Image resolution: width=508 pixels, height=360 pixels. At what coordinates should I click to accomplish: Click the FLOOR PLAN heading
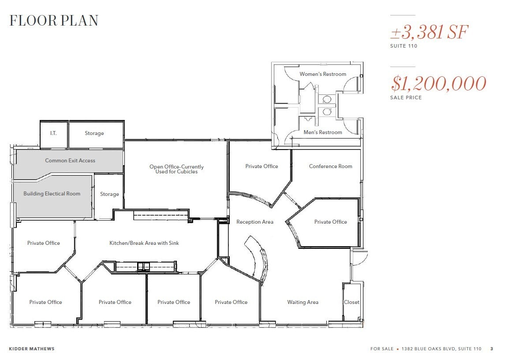click(54, 21)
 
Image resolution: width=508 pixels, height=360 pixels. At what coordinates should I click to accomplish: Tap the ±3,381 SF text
click(429, 33)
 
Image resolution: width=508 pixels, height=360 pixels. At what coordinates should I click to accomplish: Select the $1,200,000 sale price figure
click(438, 84)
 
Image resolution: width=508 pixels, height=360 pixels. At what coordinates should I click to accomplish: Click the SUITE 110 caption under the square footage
click(403, 46)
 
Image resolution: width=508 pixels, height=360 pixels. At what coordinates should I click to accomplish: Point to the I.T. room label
click(53, 133)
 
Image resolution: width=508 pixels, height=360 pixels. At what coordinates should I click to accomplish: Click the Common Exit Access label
click(70, 161)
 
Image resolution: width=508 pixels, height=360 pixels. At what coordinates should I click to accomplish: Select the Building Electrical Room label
click(52, 194)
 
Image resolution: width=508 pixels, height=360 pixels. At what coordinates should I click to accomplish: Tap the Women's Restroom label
click(323, 74)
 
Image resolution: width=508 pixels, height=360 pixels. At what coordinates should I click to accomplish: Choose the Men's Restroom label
click(323, 132)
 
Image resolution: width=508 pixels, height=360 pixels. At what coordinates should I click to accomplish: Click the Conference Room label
click(330, 166)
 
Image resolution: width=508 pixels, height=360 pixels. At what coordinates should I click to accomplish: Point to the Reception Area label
click(255, 222)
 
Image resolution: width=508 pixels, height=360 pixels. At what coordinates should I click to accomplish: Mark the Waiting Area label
click(303, 302)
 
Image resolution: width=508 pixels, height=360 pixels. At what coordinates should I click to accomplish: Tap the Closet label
click(351, 302)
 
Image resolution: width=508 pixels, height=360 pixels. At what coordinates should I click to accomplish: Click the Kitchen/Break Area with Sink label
click(144, 243)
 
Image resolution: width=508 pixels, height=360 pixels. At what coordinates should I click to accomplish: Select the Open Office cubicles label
click(176, 169)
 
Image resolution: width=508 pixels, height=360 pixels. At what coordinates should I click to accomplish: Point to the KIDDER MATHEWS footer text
click(32, 349)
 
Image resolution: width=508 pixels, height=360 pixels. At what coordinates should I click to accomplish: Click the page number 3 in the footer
click(492, 349)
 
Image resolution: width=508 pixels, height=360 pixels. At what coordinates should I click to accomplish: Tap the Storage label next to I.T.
click(94, 133)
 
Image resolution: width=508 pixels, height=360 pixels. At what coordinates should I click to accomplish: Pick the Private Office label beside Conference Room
click(261, 166)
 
